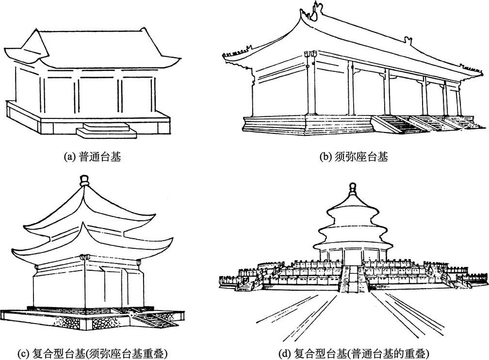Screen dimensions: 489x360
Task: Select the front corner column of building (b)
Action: [311, 87]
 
